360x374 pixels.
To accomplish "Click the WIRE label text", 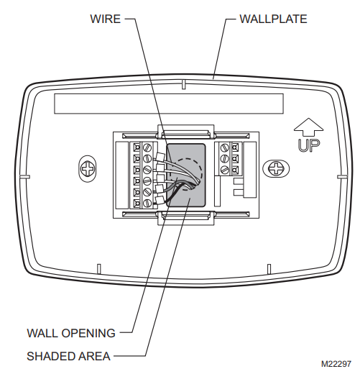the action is click(x=105, y=19).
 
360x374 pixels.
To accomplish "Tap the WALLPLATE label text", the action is click(x=273, y=19).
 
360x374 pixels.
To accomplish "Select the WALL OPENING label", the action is click(x=71, y=333).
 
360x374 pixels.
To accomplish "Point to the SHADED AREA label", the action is click(x=68, y=356).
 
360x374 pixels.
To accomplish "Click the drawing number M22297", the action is click(x=336, y=364).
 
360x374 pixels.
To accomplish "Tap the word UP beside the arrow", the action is click(x=309, y=145).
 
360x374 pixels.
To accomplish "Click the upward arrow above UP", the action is click(x=309, y=127).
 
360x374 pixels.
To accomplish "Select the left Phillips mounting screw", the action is click(x=88, y=168).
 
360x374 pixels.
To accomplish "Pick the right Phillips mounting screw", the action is click(x=276, y=168).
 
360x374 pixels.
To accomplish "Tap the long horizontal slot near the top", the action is click(x=169, y=104).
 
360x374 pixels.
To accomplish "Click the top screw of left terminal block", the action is click(x=147, y=147).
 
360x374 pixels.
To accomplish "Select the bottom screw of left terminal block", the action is click(x=147, y=204).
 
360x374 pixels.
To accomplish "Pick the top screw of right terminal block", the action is click(x=225, y=147).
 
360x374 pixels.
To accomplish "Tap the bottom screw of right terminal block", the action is click(x=225, y=170).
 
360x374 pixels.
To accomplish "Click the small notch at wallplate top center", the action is click(x=183, y=84).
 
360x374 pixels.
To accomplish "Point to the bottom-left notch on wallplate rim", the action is click(x=98, y=269).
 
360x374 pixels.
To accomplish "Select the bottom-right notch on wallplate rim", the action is click(x=269, y=269).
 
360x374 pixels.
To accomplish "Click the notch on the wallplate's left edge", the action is click(x=24, y=177).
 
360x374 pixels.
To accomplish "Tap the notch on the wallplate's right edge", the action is click(x=342, y=177).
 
